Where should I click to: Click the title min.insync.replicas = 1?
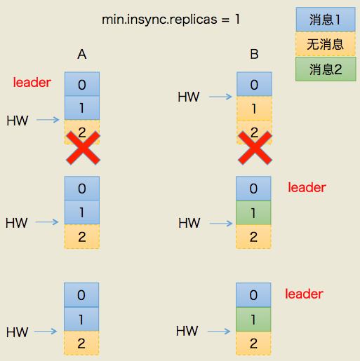(x=171, y=19)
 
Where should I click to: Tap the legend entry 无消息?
(x=326, y=45)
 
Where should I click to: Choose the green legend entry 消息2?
(x=326, y=69)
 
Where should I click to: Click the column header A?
(x=82, y=54)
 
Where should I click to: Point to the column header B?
(x=254, y=54)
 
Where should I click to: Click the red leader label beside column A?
(x=32, y=83)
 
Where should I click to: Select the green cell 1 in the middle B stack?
(x=253, y=212)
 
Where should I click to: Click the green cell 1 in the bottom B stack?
(x=253, y=320)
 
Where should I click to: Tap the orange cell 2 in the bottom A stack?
(x=81, y=343)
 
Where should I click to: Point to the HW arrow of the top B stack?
(x=221, y=97)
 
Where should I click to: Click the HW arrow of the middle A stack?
(x=48, y=224)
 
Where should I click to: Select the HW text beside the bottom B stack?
(x=187, y=331)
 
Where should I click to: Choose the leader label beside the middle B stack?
(x=307, y=188)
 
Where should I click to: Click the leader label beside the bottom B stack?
(x=304, y=294)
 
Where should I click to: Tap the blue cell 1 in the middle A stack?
(x=81, y=212)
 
